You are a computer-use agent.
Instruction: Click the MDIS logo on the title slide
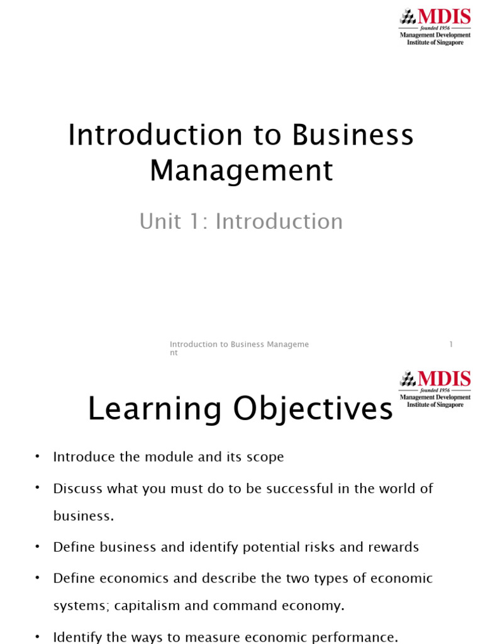435,26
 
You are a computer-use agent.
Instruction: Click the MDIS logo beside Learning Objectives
435,389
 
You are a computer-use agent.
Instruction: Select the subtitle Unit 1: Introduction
241,221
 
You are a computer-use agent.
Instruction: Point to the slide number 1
451,344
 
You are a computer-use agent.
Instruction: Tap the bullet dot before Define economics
37,577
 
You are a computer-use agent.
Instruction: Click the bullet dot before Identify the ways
37,636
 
